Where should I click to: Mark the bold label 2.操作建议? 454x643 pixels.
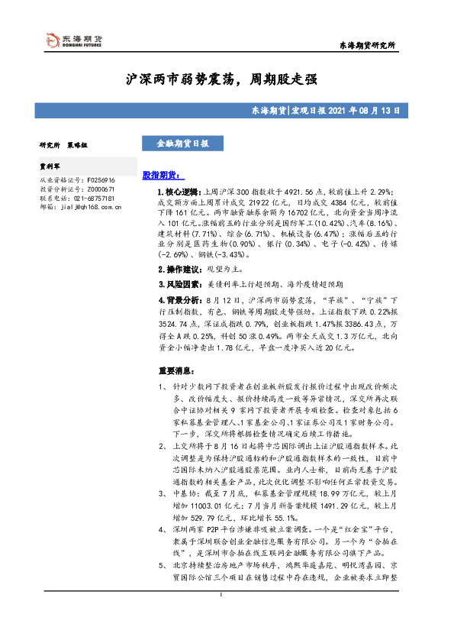(x=178, y=270)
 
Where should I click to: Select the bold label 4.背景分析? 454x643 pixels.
(x=178, y=302)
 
